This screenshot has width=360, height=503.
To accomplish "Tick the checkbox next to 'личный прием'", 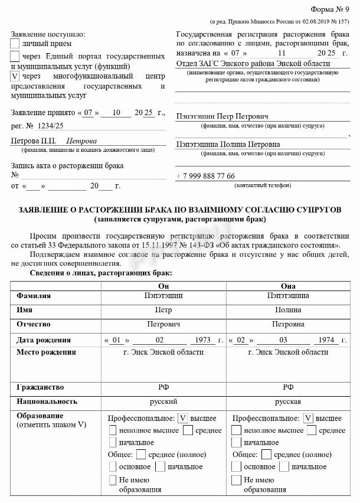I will pyautogui.click(x=15, y=43).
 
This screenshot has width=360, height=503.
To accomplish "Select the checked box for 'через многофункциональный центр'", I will pyautogui.click(x=15, y=77).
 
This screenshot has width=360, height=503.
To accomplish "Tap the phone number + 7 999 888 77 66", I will pyautogui.click(x=205, y=176).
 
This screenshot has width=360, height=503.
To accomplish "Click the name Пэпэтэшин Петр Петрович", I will pyautogui.click(x=222, y=116).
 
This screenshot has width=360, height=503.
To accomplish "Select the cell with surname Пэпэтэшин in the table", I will pyautogui.click(x=163, y=295).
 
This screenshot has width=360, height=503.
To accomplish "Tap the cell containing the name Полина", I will pyautogui.click(x=288, y=310).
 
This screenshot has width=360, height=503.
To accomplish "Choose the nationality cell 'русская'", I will pyautogui.click(x=288, y=401).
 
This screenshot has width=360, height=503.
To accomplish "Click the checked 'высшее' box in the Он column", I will pyautogui.click(x=182, y=418).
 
